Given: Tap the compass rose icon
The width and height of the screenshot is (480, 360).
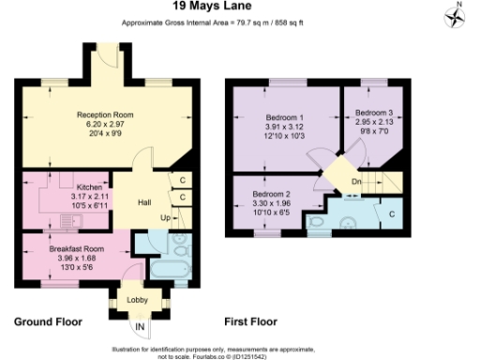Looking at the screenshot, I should pos(458,17).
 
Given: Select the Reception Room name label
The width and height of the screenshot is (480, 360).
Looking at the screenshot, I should pos(105,114).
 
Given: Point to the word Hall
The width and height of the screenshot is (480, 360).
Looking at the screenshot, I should pos(145,202).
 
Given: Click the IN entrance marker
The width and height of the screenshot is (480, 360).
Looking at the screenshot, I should pos(139,325).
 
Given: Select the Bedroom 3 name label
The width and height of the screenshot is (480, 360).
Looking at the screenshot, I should pos(372,113).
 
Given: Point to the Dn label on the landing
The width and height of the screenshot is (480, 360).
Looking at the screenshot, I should pos(355,182).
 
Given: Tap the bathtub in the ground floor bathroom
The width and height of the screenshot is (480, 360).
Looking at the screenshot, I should pos(169,272).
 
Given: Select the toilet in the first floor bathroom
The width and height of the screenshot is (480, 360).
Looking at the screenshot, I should pos(348,223).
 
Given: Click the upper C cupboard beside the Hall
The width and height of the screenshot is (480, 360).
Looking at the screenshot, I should pos(182,179).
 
